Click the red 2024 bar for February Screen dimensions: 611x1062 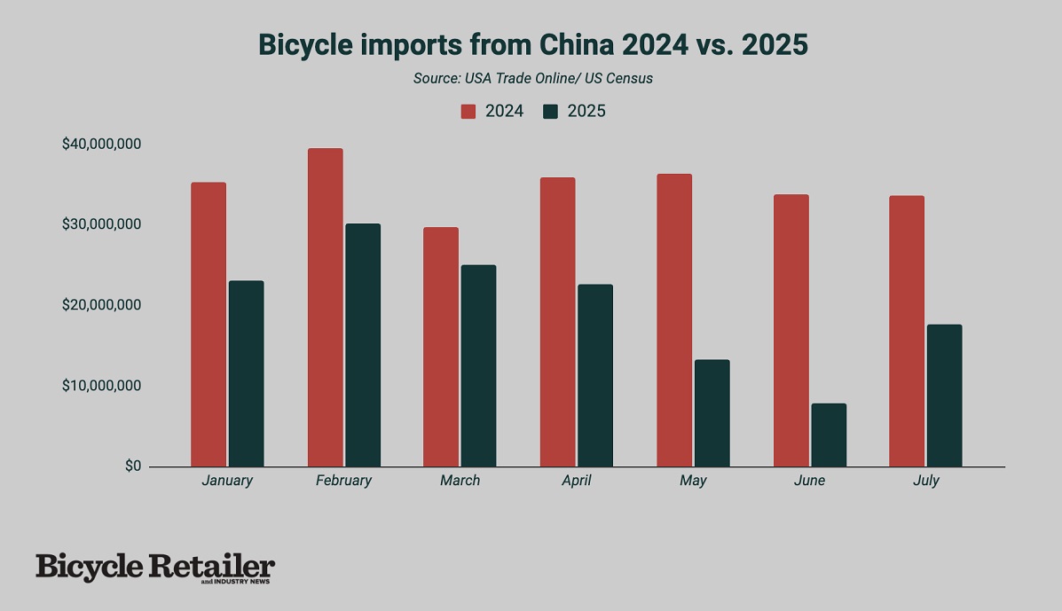(325, 307)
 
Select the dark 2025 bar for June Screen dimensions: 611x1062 (829, 435)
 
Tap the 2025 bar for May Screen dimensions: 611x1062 (712, 412)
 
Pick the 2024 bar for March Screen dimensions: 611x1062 (441, 347)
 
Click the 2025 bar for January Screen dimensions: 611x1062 (246, 373)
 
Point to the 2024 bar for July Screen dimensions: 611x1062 (906, 331)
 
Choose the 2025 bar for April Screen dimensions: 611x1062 (594, 375)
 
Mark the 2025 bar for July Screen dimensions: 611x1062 (944, 396)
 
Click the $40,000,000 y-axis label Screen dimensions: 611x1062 (101, 144)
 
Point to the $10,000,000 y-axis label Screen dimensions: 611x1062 (101, 386)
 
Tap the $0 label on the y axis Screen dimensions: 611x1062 (132, 466)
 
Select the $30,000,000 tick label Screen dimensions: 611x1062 (101, 224)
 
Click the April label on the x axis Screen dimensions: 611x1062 (575, 481)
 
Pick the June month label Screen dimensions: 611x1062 (809, 481)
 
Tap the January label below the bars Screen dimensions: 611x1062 (227, 481)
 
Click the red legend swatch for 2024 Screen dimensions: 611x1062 (468, 112)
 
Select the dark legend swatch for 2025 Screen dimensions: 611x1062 (551, 112)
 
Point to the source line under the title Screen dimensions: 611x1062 (532, 78)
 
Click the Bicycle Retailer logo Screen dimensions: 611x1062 (155, 568)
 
